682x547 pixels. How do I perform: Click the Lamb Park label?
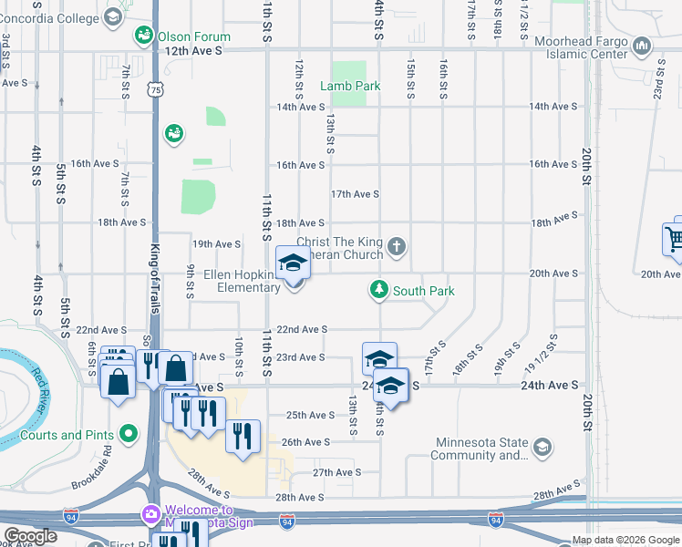click(349, 86)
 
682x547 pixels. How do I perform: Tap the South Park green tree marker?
click(378, 290)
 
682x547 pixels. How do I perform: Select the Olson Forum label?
click(193, 36)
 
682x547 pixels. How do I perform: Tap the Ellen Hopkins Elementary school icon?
click(294, 264)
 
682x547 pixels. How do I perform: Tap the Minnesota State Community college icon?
click(542, 447)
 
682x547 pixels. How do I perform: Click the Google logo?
click(31, 536)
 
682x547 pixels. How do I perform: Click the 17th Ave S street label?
click(355, 194)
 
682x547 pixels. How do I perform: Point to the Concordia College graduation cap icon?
click(112, 16)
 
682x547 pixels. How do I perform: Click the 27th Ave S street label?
click(337, 472)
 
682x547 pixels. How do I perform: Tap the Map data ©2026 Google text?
click(625, 540)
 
